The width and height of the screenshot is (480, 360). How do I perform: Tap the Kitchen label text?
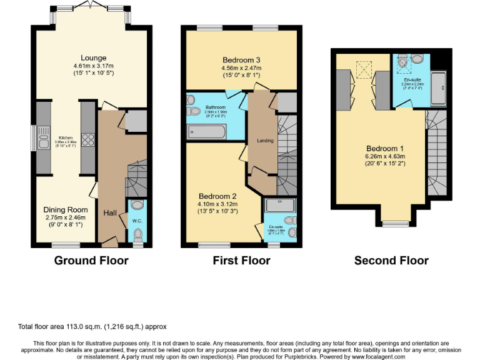pyautogui.click(x=66, y=138)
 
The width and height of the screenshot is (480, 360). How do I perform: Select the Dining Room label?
pyautogui.click(x=66, y=209)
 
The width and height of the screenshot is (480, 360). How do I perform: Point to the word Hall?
pyautogui.click(x=111, y=213)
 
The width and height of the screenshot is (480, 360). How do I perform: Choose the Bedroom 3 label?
pyautogui.click(x=241, y=60)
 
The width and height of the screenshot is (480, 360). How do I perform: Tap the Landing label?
pyautogui.click(x=265, y=141)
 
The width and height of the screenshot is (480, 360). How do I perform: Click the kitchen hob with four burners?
pyautogui.click(x=87, y=141)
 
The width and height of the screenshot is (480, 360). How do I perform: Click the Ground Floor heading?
pyautogui.click(x=91, y=260)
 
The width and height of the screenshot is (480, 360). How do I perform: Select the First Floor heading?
pyautogui.click(x=241, y=260)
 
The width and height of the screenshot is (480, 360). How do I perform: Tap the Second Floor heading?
pyautogui.click(x=391, y=260)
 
